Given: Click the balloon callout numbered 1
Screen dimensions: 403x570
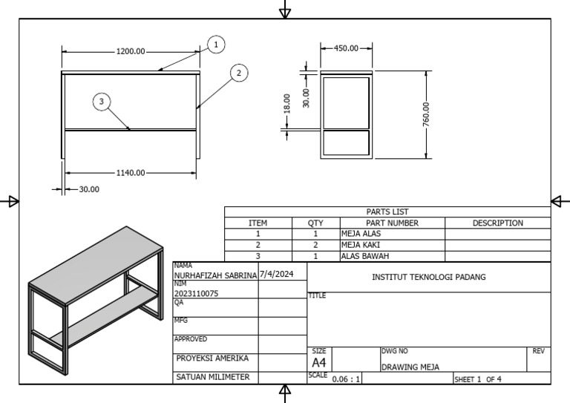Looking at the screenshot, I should tap(216, 45).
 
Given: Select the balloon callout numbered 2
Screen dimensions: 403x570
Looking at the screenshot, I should tap(238, 73).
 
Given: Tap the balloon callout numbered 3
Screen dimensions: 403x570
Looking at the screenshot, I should tap(102, 102).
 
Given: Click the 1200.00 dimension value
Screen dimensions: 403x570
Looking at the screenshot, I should tap(131, 51).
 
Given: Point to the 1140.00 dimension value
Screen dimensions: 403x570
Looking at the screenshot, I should tap(131, 172).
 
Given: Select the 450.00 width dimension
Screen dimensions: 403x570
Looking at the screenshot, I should tap(345, 47).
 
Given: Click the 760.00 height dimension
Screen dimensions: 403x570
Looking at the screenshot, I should tap(426, 114).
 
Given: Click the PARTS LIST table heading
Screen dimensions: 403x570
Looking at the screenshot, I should tap(387, 212).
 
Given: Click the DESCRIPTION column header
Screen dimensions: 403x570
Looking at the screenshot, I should tap(497, 223).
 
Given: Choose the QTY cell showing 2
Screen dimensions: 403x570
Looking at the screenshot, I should tap(315, 244).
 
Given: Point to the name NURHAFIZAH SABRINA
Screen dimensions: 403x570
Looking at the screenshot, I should tap(215, 275).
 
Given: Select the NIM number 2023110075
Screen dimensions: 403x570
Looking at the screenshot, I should tap(196, 293).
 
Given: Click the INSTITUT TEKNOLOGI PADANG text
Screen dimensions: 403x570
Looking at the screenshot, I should tap(428, 277).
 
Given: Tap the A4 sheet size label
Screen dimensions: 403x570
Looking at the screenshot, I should tap(318, 363).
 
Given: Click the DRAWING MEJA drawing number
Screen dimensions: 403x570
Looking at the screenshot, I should tap(410, 367).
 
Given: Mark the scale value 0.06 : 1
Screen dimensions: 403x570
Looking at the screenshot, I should tap(346, 379).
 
